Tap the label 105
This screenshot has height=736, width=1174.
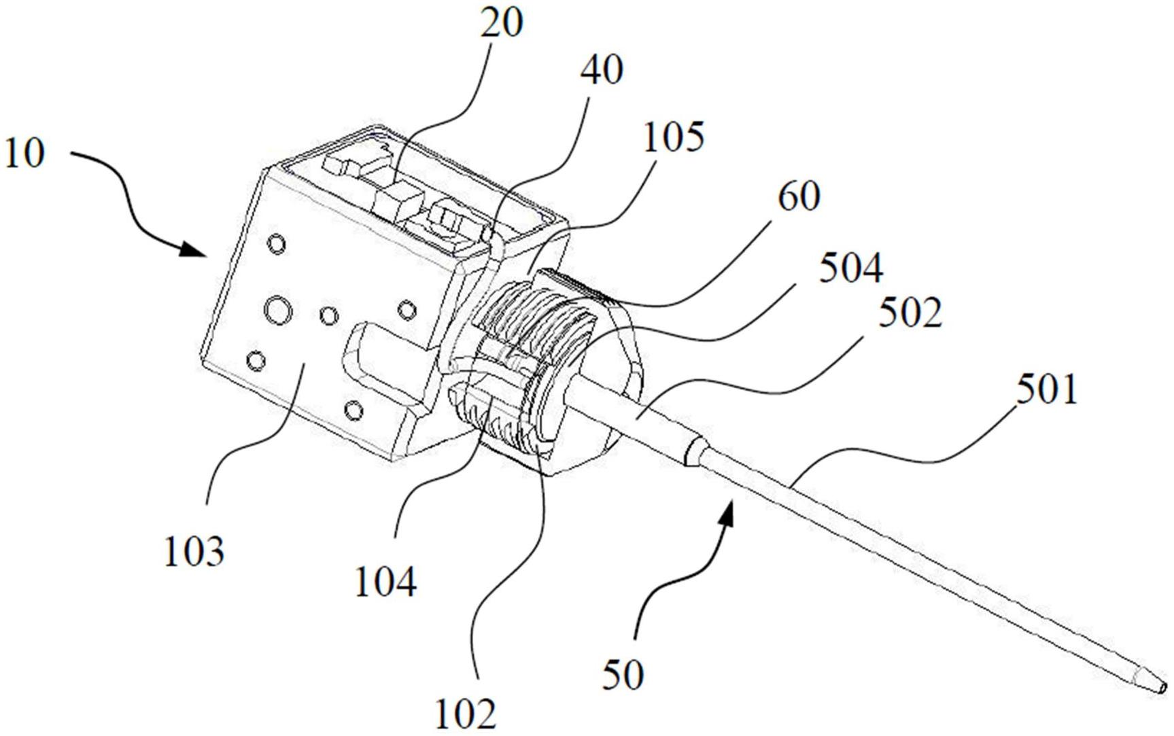coord(673,138)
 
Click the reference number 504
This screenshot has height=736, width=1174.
coord(850,268)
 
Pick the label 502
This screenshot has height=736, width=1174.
coord(910,314)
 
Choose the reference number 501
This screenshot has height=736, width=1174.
coord(1046,391)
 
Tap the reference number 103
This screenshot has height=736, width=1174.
coord(194,551)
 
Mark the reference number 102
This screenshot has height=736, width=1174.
coord(466,713)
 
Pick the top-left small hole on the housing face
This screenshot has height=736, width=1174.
coord(277,243)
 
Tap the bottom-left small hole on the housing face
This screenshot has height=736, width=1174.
coord(256,360)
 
